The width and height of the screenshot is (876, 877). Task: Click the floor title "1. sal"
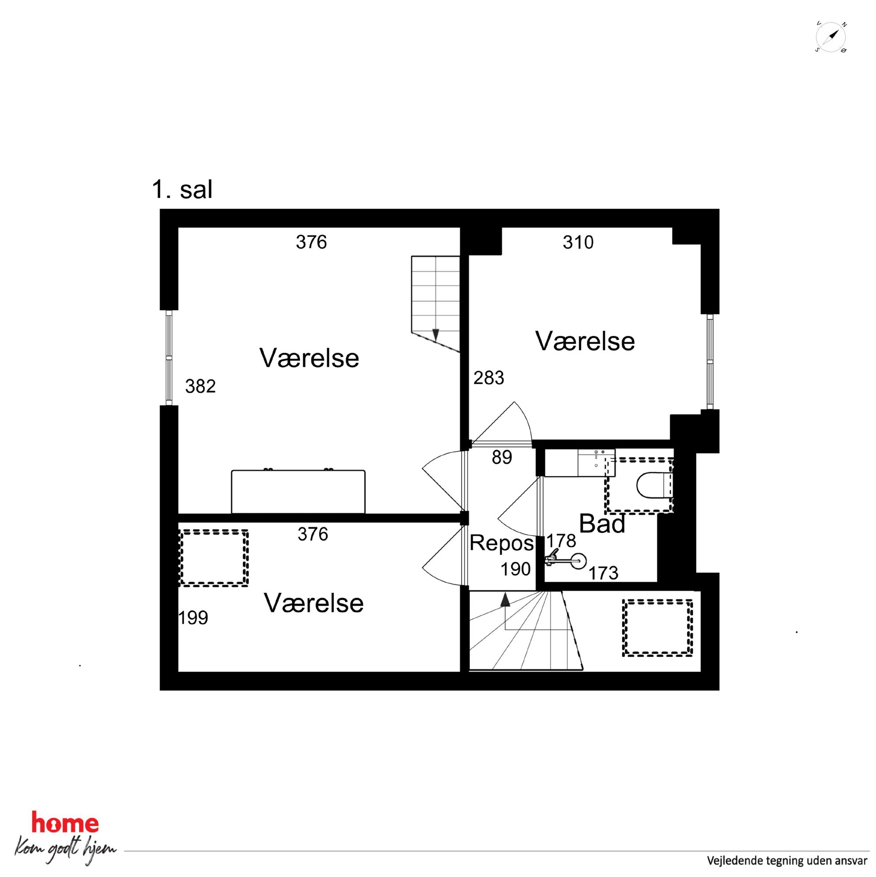(182, 189)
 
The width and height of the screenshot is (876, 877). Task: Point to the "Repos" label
(502, 543)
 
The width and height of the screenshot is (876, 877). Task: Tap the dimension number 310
(578, 243)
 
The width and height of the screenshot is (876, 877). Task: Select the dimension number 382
(200, 386)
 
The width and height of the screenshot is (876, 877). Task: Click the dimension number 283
(489, 378)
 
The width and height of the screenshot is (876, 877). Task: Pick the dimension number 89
(502, 458)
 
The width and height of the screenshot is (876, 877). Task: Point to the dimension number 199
(193, 618)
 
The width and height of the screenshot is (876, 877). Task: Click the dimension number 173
(604, 573)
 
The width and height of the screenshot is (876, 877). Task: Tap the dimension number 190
(515, 569)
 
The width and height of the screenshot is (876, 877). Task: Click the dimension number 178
(561, 541)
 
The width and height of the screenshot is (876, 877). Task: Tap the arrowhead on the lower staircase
(505, 600)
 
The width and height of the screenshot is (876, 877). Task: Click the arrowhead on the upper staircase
(435, 335)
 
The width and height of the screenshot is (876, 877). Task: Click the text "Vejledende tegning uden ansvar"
(787, 860)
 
